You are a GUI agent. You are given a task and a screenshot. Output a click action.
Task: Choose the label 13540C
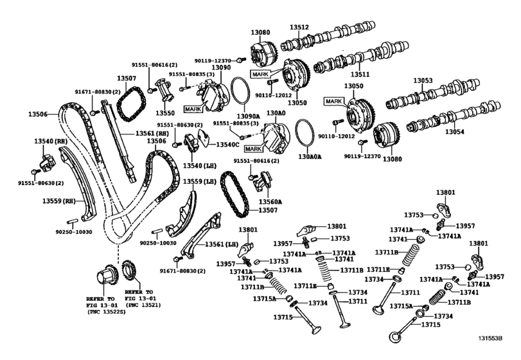(227, 145)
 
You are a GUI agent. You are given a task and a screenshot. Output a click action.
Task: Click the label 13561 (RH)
(152, 133)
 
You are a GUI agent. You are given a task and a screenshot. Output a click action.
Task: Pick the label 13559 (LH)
(200, 182)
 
